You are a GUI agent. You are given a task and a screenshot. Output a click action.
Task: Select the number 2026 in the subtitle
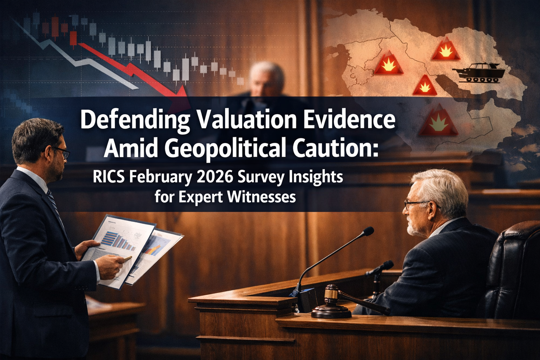[x=215, y=176]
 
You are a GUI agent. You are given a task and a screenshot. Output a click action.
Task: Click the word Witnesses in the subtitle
[x=261, y=197]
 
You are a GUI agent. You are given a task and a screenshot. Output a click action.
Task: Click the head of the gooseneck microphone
[x=368, y=231]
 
